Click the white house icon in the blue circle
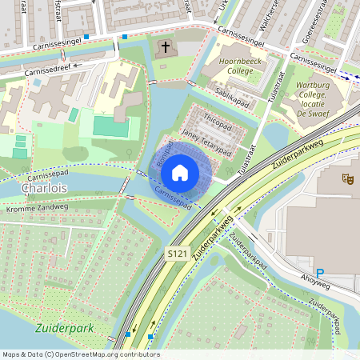tap(180, 172)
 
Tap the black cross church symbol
tap(166, 48)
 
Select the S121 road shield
tap(178, 254)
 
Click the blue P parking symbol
tap(321, 273)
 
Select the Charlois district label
tap(46, 189)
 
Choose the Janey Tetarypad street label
tap(206, 142)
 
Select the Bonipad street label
tap(165, 155)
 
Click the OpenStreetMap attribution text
tap(80, 354)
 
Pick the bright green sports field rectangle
tap(110, 126)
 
